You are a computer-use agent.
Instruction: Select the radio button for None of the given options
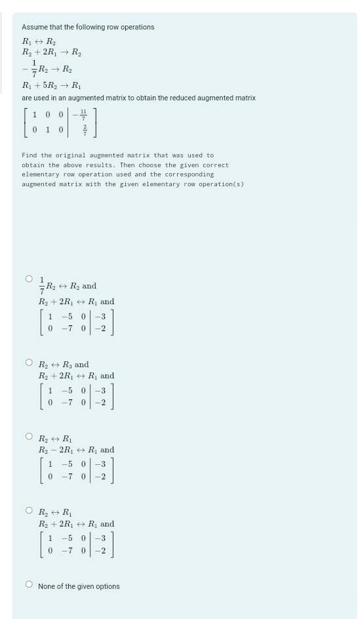[29, 585]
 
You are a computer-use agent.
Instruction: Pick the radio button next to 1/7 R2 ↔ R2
[29, 278]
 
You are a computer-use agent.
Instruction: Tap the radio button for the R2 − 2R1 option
[29, 436]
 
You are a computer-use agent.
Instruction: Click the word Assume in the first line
[34, 27]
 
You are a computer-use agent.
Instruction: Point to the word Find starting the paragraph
[30, 155]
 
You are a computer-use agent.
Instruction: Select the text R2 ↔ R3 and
[64, 365]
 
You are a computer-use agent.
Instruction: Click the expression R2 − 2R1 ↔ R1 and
[76, 450]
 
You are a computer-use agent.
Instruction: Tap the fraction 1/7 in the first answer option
[43, 285]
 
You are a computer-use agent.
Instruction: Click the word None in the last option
[47, 586]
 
